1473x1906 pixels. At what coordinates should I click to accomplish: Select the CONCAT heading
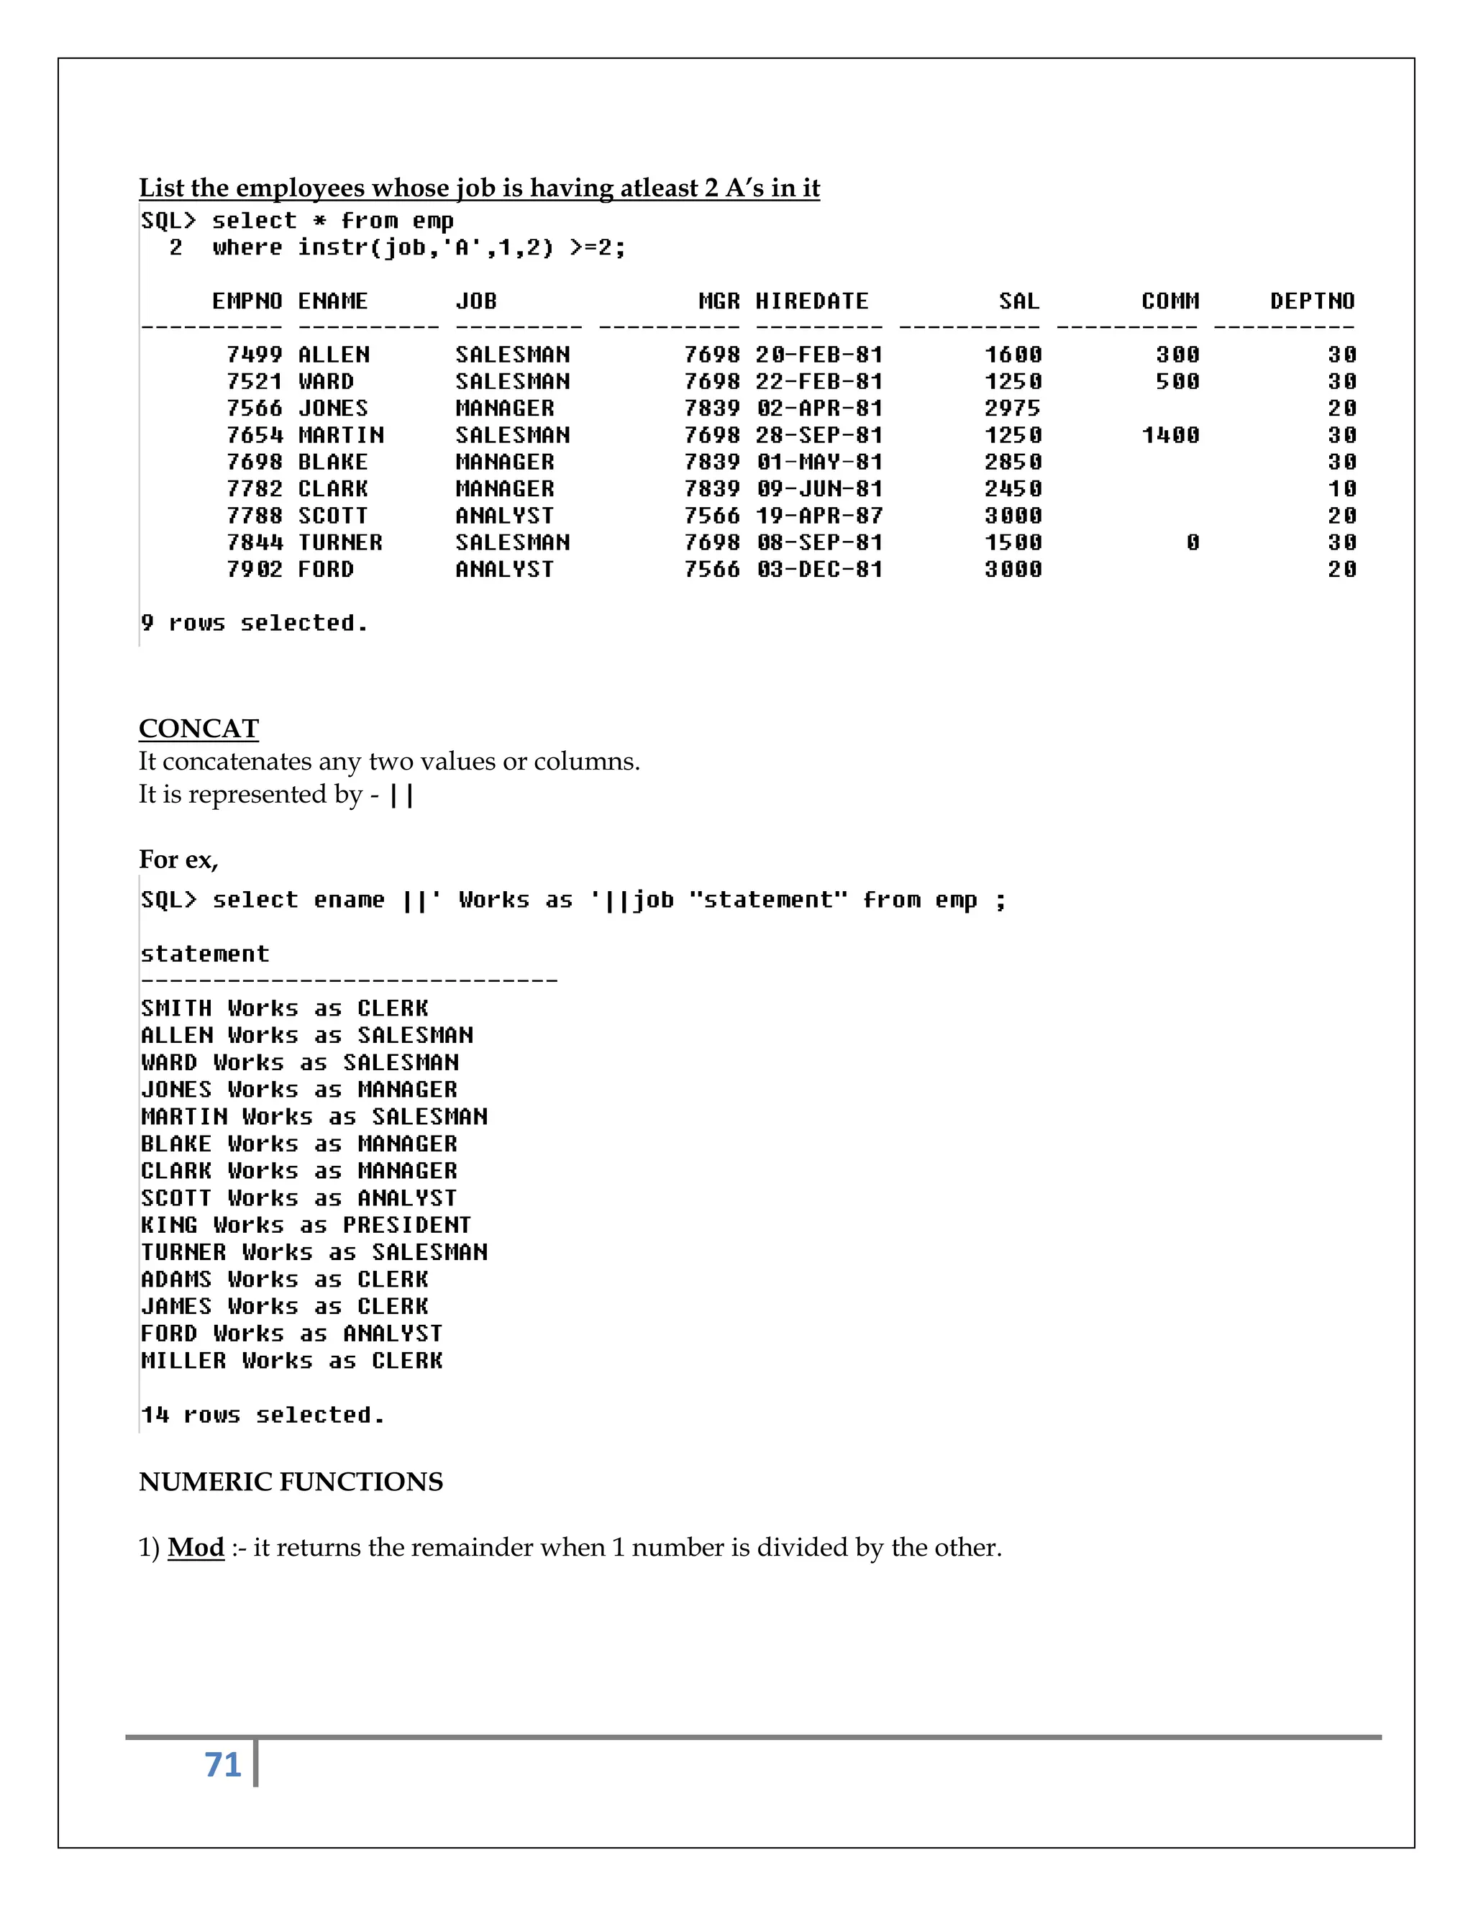(x=199, y=729)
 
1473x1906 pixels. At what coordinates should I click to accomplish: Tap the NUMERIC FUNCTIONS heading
(x=291, y=1482)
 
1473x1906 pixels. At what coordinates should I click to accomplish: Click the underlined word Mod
(x=196, y=1547)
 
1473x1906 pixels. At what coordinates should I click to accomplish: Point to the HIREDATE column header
(x=811, y=301)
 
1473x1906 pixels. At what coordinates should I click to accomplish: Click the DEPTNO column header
(x=1312, y=301)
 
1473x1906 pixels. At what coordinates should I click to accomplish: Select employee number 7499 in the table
(x=254, y=355)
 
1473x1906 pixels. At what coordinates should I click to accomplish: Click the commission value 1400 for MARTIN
(x=1170, y=435)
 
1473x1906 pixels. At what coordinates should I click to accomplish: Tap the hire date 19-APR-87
(x=819, y=516)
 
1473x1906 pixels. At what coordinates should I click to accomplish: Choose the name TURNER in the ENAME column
(x=339, y=543)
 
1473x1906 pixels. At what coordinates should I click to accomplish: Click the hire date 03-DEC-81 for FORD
(x=819, y=570)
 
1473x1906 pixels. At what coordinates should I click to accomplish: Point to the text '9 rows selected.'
(x=254, y=623)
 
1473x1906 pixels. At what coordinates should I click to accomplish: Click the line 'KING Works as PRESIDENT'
(x=306, y=1226)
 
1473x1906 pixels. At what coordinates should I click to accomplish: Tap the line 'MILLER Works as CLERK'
(x=291, y=1361)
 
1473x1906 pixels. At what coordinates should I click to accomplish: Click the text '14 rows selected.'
(x=263, y=1415)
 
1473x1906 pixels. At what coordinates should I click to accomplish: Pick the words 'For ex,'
(x=178, y=859)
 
